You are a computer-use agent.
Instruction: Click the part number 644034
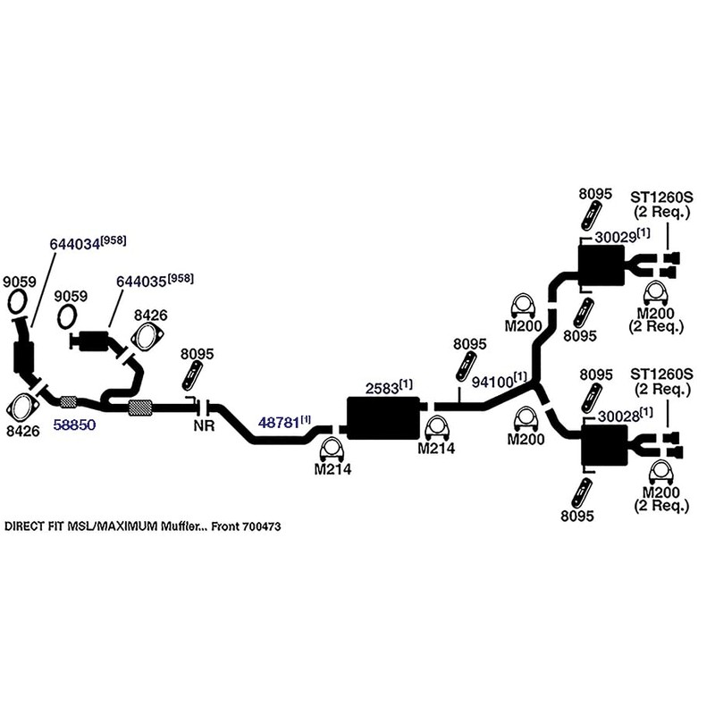click(75, 244)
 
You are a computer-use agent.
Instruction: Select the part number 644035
click(141, 282)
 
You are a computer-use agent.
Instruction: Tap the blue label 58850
click(75, 425)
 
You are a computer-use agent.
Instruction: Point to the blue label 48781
click(279, 423)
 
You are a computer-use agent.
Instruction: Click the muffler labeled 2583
click(383, 418)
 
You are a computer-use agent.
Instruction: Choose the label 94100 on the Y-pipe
click(492, 383)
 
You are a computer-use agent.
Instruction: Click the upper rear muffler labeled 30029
click(601, 265)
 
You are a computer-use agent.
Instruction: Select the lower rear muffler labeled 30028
click(605, 444)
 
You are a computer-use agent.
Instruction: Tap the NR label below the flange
click(204, 426)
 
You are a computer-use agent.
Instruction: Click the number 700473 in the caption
click(262, 526)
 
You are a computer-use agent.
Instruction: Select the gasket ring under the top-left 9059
click(18, 301)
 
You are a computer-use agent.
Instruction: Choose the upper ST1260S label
click(661, 197)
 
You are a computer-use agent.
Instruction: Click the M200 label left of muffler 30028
click(526, 439)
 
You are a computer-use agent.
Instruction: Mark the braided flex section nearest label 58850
click(69, 400)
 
